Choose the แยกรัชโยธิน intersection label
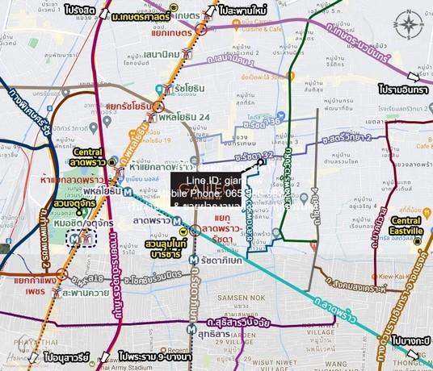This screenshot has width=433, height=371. (x=130, y=106)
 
